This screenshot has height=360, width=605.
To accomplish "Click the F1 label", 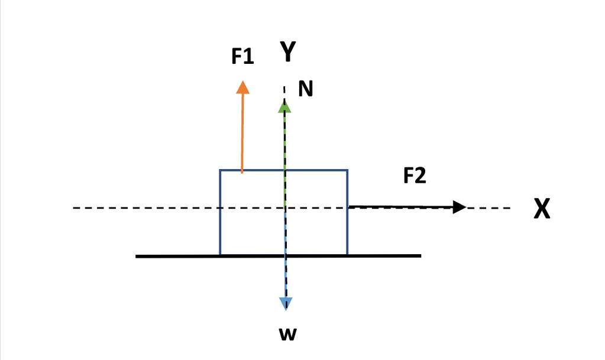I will [x=242, y=57].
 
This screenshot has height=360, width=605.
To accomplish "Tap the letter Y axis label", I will [x=287, y=53].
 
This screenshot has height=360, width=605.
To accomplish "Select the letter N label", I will [x=306, y=89].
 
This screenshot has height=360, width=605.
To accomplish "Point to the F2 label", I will [x=415, y=176].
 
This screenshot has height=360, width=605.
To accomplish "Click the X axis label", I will [x=542, y=209].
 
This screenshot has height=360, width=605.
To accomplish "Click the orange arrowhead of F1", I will [x=242, y=87].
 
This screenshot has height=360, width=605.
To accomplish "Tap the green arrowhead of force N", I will [x=286, y=106].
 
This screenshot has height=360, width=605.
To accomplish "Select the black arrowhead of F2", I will [x=460, y=207].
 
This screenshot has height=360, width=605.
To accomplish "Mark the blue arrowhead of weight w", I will [x=286, y=304].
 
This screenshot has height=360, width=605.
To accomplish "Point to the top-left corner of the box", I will [x=220, y=170].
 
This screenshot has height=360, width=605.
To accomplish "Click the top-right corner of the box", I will [x=347, y=170].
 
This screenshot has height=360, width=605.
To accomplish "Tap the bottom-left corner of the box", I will [x=220, y=255].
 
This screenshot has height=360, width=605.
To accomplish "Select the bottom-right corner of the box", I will [x=347, y=255].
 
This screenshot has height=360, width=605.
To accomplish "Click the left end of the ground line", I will [x=137, y=256].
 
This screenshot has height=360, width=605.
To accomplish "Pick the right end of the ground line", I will [x=420, y=256].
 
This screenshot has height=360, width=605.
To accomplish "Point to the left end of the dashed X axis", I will [x=74, y=208].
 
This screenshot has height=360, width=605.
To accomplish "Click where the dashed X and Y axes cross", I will [x=286, y=208].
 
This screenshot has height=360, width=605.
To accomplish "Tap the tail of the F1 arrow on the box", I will [x=242, y=172].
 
